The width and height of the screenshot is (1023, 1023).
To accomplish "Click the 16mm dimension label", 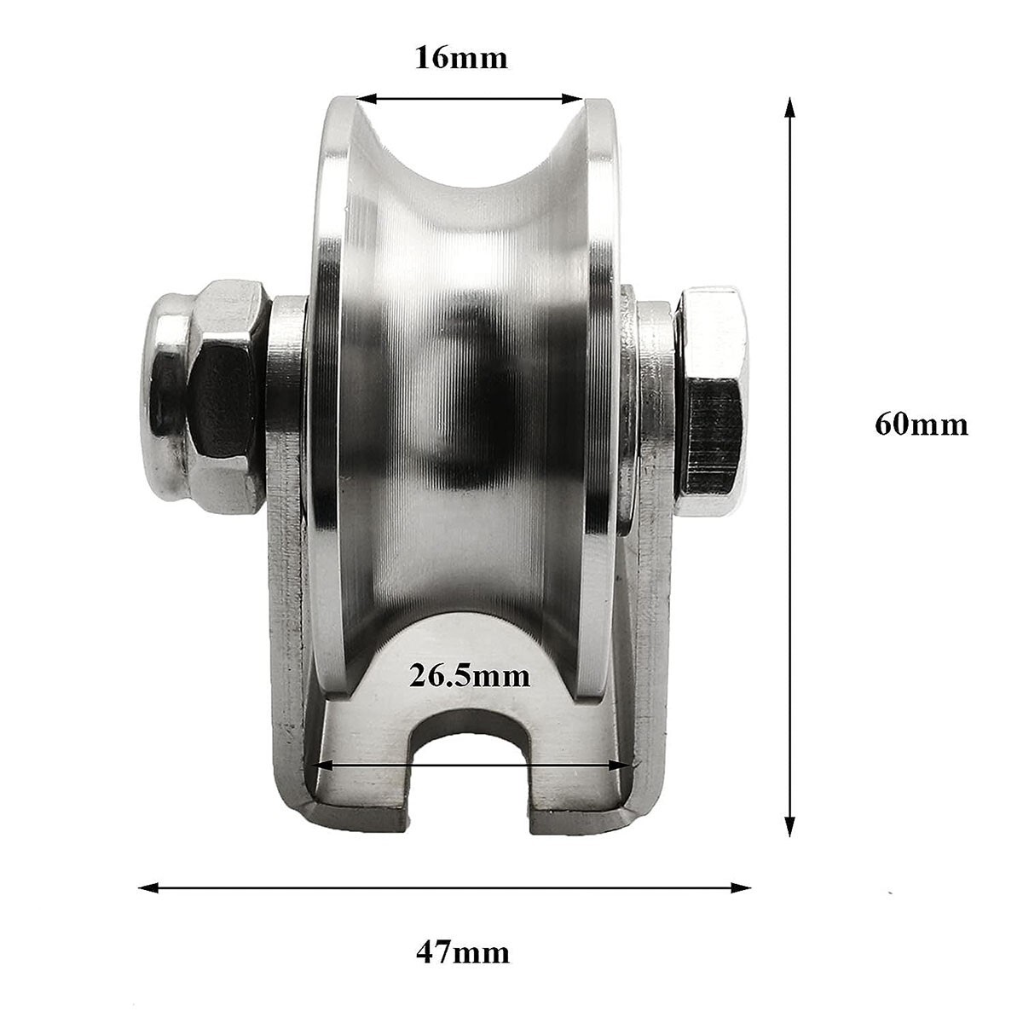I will pyautogui.click(x=460, y=58).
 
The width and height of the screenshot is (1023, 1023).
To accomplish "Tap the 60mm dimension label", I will pyautogui.click(x=921, y=424).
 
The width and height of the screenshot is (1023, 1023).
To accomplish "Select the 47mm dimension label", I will pyautogui.click(x=462, y=951).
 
